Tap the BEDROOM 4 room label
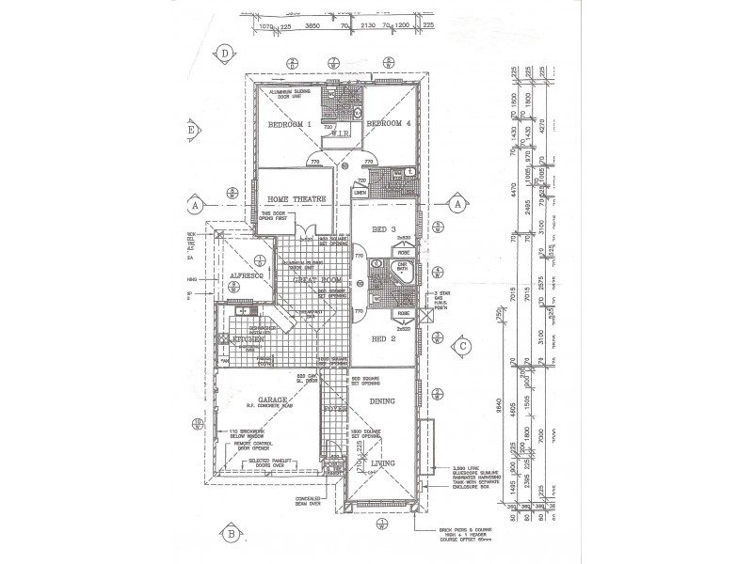pyautogui.click(x=389, y=123)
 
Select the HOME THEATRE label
pyautogui.click(x=296, y=199)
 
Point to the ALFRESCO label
pyautogui.click(x=246, y=275)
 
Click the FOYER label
pyautogui.click(x=334, y=410)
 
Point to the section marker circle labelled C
pyautogui.click(x=463, y=345)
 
